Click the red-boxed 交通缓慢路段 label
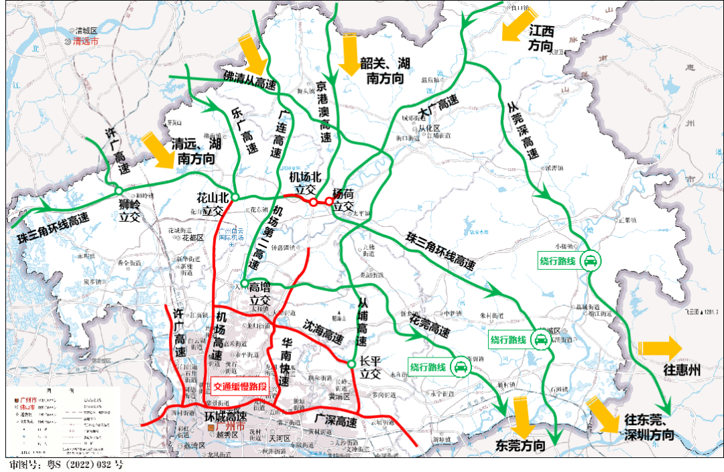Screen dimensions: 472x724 239,386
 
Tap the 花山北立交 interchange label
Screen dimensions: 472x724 213,204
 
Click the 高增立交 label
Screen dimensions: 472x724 259,294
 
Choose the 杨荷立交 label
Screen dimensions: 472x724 344,200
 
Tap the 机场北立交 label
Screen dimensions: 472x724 306,184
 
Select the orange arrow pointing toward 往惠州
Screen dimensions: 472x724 660,347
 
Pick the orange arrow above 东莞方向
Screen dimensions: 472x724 521,415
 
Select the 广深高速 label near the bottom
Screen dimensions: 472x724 336,421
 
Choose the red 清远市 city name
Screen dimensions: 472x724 85,42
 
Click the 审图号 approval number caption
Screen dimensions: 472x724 65,464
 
